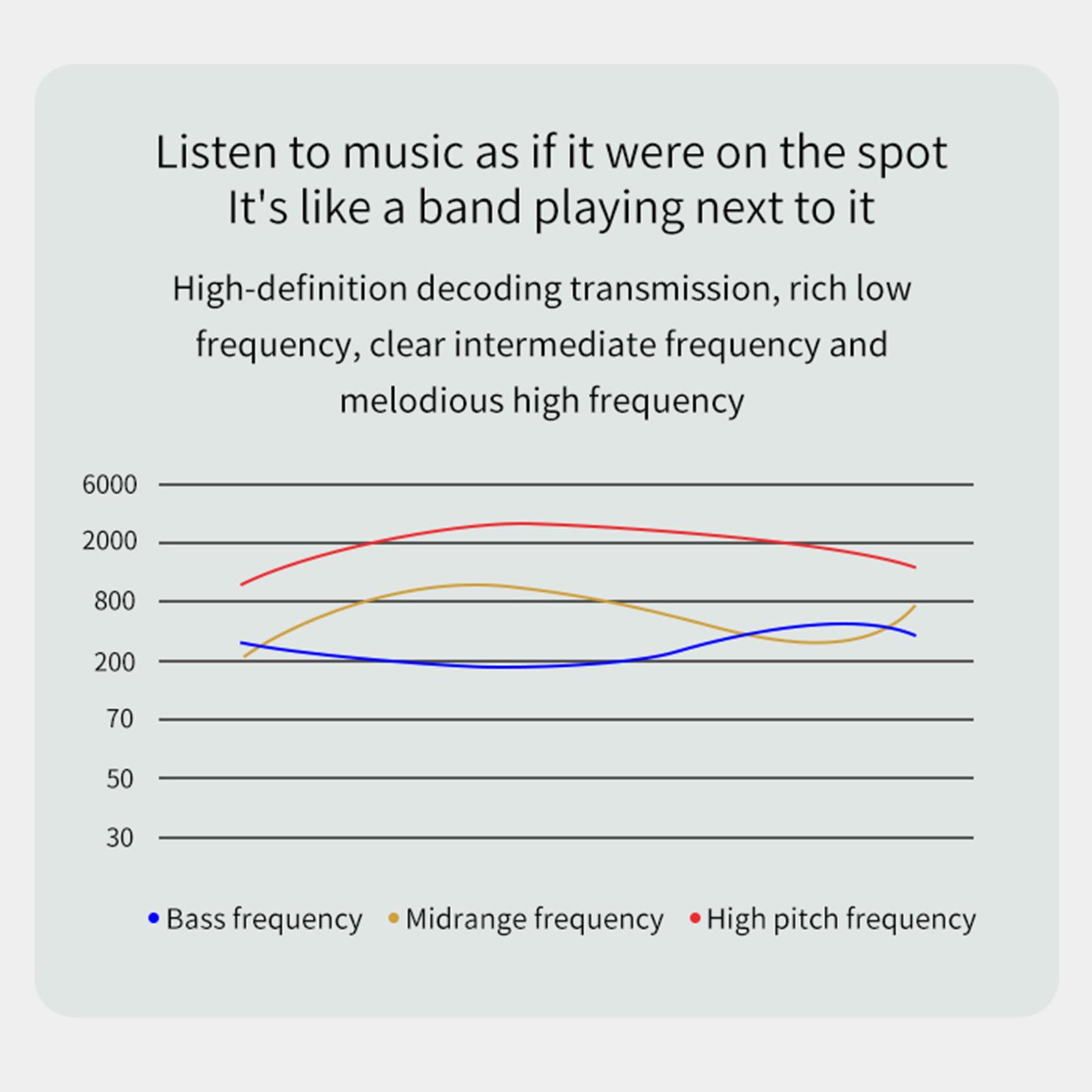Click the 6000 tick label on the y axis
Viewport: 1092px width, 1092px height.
109,485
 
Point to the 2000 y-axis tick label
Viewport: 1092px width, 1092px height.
109,542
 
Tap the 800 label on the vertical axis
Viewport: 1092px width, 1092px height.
115,601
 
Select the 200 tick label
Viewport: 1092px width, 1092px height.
115,661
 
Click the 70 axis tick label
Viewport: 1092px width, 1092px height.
119,719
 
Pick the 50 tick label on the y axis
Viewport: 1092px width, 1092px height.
119,778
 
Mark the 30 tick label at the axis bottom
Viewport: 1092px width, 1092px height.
119,837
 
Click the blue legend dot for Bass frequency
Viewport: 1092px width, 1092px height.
154,919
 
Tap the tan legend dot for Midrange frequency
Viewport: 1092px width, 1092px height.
393,919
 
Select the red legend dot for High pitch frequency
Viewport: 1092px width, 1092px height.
695,919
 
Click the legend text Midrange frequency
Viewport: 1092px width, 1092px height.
534,919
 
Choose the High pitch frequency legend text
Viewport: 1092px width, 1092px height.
841,919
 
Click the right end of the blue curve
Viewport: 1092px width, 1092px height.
915,635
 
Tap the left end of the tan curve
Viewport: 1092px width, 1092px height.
244,657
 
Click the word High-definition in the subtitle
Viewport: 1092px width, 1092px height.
290,289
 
